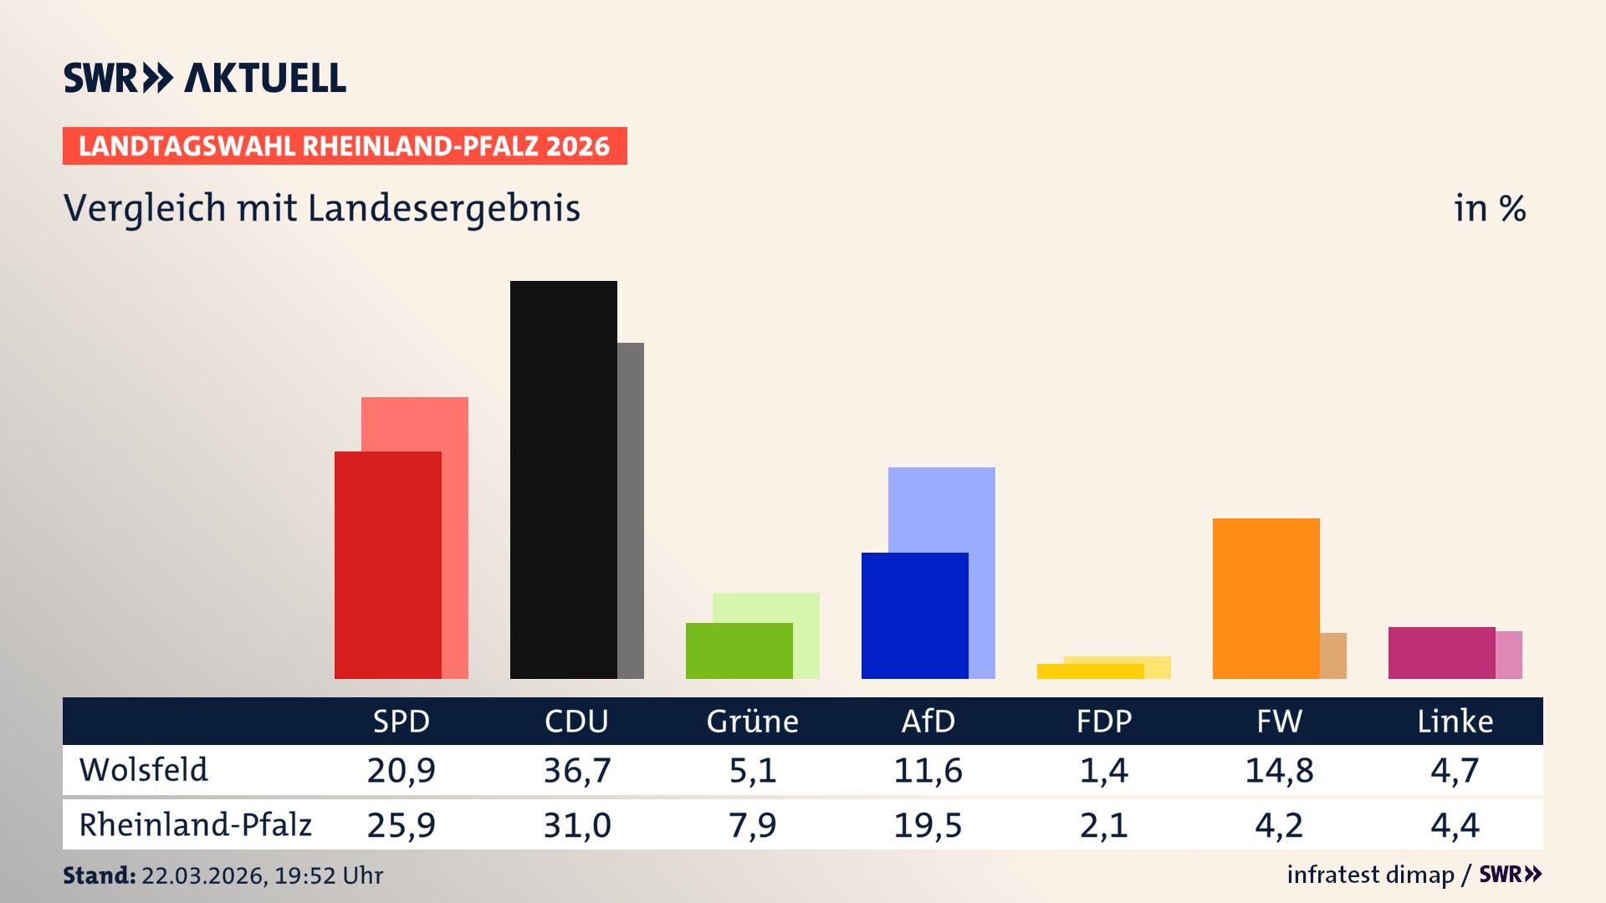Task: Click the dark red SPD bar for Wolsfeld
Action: pos(387,564)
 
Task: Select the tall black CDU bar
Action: pos(563,479)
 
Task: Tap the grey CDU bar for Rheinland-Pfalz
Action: pos(631,510)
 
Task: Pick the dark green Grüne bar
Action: pos(739,650)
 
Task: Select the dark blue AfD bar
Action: pos(914,615)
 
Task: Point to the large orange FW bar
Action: pos(1266,598)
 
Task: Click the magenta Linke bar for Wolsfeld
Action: pos(1441,652)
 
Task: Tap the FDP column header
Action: pos(1103,721)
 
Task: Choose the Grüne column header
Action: pos(752,721)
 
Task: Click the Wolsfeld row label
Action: pos(143,769)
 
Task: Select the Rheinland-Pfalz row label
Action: pos(195,824)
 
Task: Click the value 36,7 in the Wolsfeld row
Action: pos(577,770)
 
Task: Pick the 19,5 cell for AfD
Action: pos(928,825)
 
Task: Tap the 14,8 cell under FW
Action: pos(1279,770)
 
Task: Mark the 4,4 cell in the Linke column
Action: pos(1455,825)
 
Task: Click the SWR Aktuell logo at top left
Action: pos(205,78)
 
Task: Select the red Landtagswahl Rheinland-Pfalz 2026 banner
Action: pos(345,145)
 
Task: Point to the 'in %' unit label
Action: pos(1489,208)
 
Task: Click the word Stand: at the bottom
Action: pos(99,875)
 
